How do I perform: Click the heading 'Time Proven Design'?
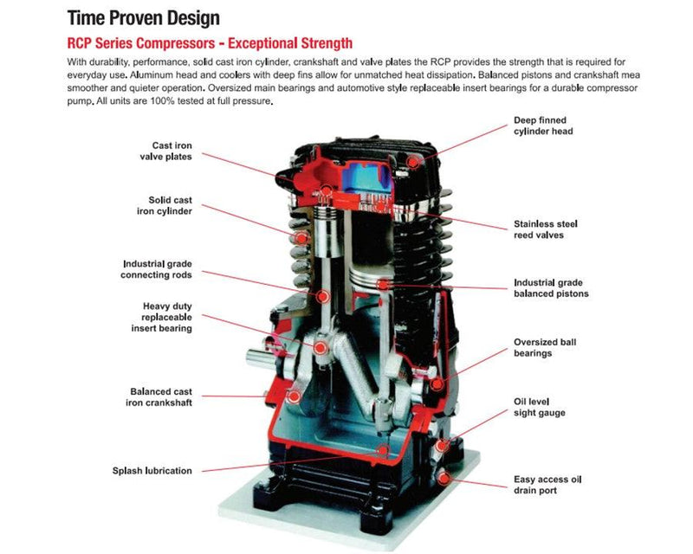coord(143,17)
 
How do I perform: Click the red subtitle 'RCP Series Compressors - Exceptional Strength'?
coord(210,43)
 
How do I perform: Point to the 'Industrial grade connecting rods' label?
coord(157,268)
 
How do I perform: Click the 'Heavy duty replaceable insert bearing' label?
coord(161,317)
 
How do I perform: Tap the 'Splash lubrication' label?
coord(152,471)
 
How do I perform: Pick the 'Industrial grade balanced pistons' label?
coord(551,288)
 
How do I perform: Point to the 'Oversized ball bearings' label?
coord(545,347)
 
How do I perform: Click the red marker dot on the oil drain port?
coord(444,476)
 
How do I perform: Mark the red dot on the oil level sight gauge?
coord(443,445)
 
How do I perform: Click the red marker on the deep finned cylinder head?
coord(414,160)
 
